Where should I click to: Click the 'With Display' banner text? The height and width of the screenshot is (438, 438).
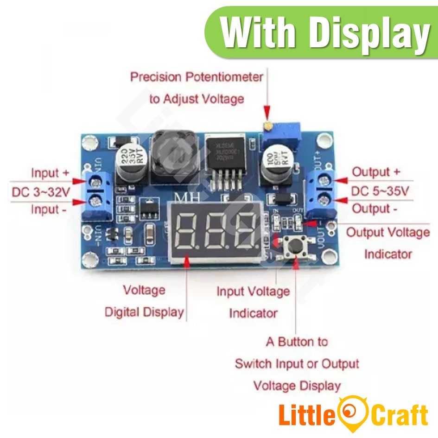(x=325, y=33)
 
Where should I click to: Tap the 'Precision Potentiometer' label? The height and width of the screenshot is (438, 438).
(x=197, y=77)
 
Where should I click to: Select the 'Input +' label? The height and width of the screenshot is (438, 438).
(x=50, y=173)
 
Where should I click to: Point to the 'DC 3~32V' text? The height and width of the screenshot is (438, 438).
(x=41, y=191)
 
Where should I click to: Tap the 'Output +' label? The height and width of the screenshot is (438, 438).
(x=376, y=172)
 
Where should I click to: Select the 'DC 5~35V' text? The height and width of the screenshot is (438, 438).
(x=380, y=191)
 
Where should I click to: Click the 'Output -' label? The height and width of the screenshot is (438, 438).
(x=375, y=209)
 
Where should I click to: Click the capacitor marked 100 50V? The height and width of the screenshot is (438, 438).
(x=276, y=167)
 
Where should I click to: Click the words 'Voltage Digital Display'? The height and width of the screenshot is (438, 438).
(x=144, y=301)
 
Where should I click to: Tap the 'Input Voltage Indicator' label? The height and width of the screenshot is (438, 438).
(x=253, y=302)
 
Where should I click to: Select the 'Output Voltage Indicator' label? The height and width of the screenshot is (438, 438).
(x=388, y=243)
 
